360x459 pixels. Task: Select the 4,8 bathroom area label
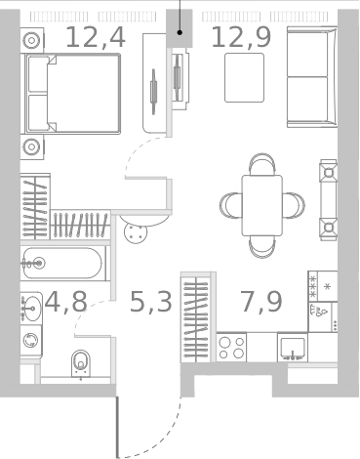pos(64,301)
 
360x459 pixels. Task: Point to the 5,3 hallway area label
pos(151,301)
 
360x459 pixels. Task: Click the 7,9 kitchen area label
pos(261,301)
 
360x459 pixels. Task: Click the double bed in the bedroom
pos(72,94)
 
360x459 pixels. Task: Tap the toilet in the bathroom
pos(81,363)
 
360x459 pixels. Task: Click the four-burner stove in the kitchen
pos(231,347)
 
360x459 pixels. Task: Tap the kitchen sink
pos(291,347)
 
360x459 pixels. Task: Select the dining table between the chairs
pos(261,205)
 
